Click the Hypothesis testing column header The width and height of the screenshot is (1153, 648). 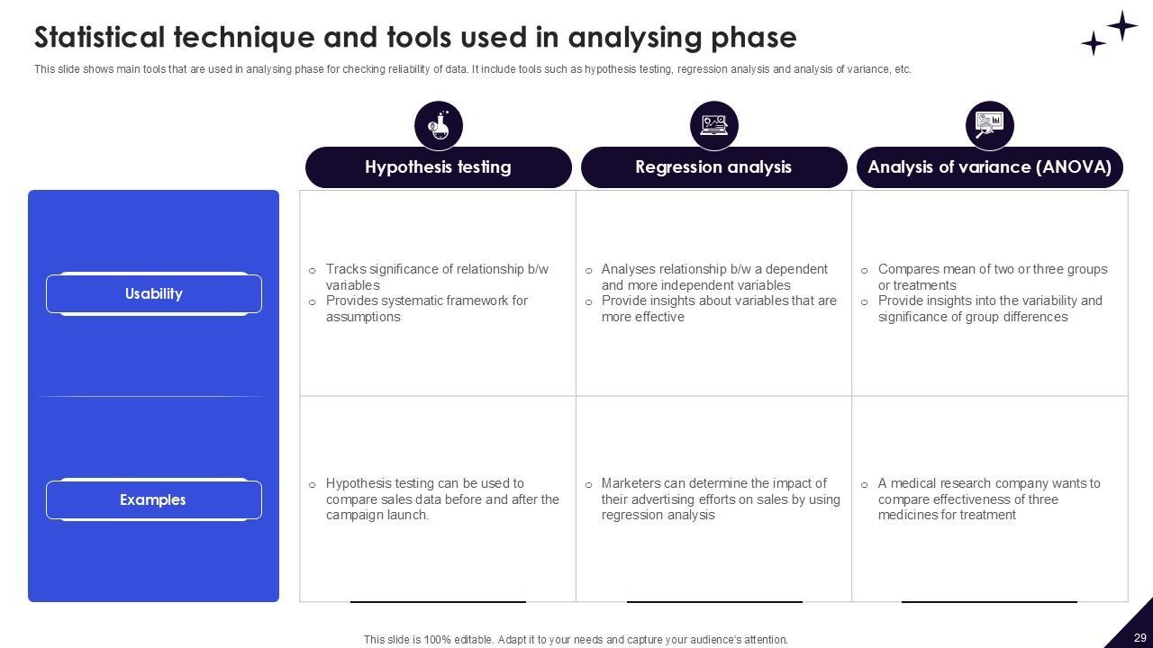pos(438,167)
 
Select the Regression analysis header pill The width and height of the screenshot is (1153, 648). pos(713,167)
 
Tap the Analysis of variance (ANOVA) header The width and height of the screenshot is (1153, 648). pos(989,167)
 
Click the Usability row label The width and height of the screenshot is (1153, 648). pos(154,293)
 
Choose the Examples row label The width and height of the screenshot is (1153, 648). pos(153,499)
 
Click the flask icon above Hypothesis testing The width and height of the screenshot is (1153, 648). pos(439,125)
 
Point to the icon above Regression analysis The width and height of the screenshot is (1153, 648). pos(714,125)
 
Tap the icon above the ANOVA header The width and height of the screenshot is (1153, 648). pos(990,125)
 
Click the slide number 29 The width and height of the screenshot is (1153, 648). pos(1139,637)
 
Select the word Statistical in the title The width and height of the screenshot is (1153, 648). pos(99,38)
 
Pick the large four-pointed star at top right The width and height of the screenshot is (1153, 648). pos(1121,26)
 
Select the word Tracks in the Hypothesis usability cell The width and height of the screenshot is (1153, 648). pos(345,269)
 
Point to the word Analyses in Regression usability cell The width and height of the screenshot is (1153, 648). pos(628,269)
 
